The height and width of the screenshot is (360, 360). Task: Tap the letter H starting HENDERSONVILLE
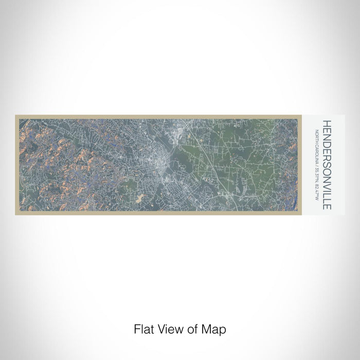(327, 123)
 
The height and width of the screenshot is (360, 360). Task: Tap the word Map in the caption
(216, 328)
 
